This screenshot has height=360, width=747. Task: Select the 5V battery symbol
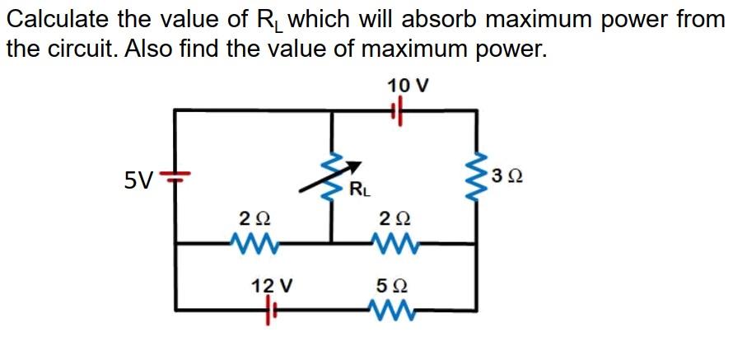point(175,175)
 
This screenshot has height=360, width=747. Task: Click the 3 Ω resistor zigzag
point(474,175)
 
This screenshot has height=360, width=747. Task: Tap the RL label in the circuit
point(359,192)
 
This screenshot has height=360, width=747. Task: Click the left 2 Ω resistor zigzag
point(254,243)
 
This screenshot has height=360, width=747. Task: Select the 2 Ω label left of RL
point(254,219)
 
